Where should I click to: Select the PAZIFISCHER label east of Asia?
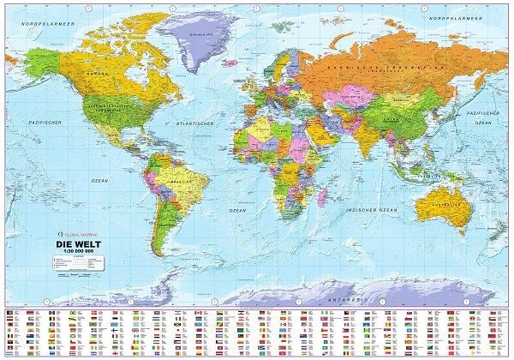[x=485, y=112]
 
